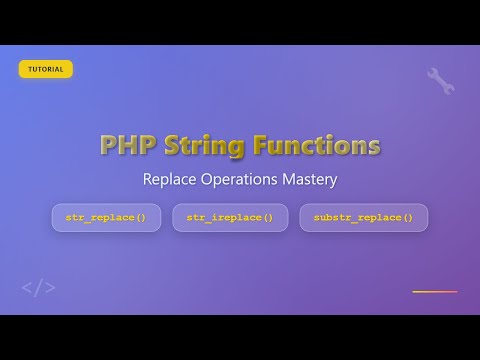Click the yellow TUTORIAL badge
[45, 69]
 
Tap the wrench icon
[440, 81]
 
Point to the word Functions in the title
[315, 145]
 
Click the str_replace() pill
[106, 218]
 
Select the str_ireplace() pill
[230, 218]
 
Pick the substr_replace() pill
[363, 218]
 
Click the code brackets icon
[39, 288]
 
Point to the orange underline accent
[434, 292]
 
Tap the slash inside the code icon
[39, 288]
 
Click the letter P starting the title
[109, 145]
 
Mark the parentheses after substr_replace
[407, 218]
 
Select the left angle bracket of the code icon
[27, 288]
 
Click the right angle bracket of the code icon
[50, 288]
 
